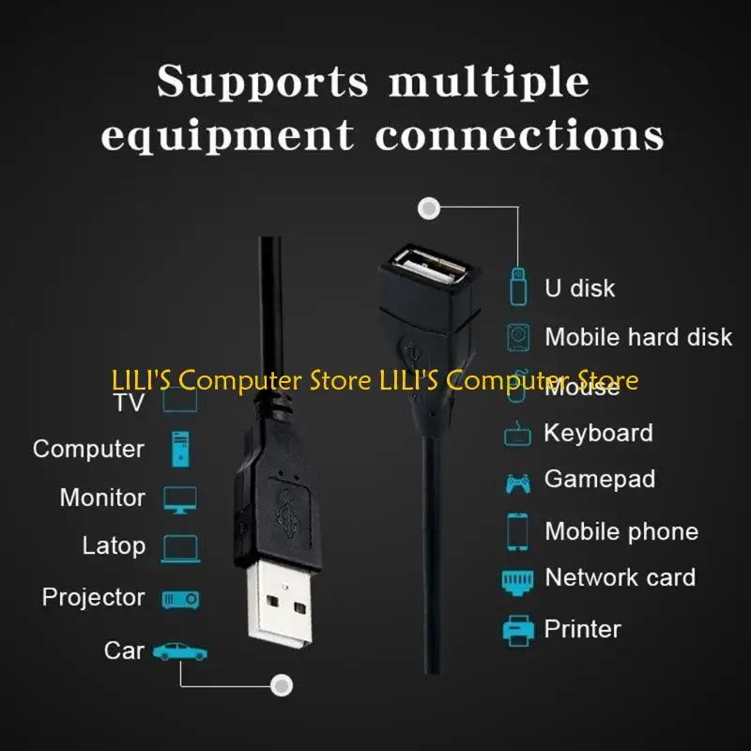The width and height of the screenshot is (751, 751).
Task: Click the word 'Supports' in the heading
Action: (x=263, y=82)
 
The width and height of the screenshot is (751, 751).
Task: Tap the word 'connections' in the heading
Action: (x=519, y=136)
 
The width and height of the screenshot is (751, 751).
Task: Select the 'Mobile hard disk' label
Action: (x=638, y=337)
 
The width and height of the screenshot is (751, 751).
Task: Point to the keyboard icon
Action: (x=518, y=436)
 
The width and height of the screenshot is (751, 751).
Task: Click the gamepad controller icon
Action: (x=517, y=483)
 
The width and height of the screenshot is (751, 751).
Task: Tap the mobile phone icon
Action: (x=517, y=531)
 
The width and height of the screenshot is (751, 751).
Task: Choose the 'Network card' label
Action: (x=620, y=577)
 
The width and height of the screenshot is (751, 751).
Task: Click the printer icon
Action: (x=518, y=629)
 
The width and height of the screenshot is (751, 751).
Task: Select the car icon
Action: (x=179, y=651)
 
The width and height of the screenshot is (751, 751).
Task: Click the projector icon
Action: (x=180, y=599)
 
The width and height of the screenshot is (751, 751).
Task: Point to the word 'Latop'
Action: (x=114, y=545)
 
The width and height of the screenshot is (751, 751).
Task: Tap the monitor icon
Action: (x=180, y=498)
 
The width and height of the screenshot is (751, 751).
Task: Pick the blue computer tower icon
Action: (x=180, y=449)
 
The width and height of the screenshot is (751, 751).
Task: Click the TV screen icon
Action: (x=180, y=401)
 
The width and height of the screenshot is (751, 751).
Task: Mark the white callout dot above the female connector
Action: (x=430, y=207)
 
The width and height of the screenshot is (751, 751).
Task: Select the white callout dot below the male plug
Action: (x=279, y=685)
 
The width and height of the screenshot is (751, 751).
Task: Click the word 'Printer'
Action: (x=582, y=629)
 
